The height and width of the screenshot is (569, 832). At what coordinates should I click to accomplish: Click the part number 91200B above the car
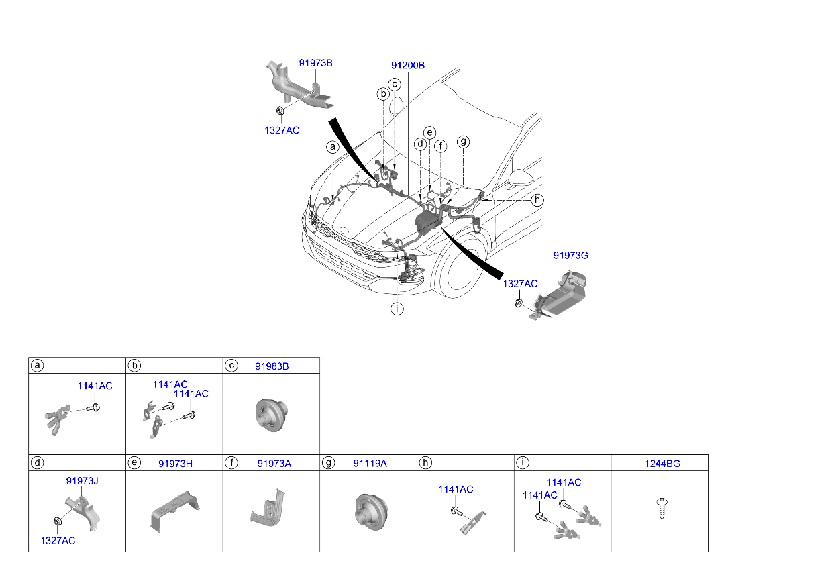(408, 66)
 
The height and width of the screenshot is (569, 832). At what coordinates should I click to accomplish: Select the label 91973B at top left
(315, 64)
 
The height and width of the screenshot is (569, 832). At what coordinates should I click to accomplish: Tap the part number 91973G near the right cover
(570, 256)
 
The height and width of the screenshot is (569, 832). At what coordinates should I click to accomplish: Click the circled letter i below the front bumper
(398, 309)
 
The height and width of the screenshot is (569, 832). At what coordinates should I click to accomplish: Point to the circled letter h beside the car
(537, 200)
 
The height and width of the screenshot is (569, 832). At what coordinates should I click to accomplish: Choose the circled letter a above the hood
(332, 147)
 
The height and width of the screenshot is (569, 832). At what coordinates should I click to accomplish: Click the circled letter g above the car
(463, 142)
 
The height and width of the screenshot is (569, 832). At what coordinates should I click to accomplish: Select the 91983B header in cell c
(272, 366)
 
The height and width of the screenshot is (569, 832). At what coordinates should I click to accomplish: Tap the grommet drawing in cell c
(270, 411)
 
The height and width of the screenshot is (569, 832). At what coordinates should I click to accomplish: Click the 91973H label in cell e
(175, 463)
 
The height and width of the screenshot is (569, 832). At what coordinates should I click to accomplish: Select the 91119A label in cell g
(370, 463)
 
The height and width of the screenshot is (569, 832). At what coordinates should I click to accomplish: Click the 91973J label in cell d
(83, 481)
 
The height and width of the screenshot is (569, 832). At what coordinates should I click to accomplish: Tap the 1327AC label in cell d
(57, 540)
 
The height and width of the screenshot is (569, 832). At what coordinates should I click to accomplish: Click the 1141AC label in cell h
(456, 489)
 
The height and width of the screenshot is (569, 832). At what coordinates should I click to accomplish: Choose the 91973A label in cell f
(274, 463)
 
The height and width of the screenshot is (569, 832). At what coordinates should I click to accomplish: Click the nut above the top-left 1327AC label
(278, 111)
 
